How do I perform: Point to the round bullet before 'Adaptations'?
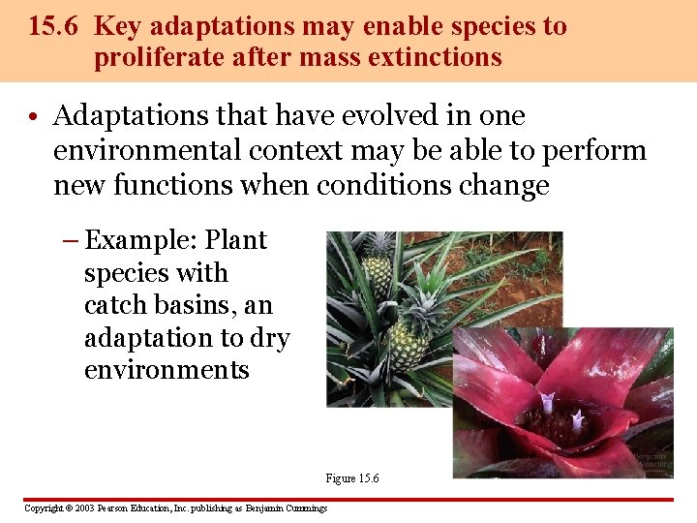pos(33,118)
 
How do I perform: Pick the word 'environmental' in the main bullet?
pos(144,151)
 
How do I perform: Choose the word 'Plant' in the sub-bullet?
pos(234,240)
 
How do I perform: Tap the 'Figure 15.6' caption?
pos(352,478)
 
